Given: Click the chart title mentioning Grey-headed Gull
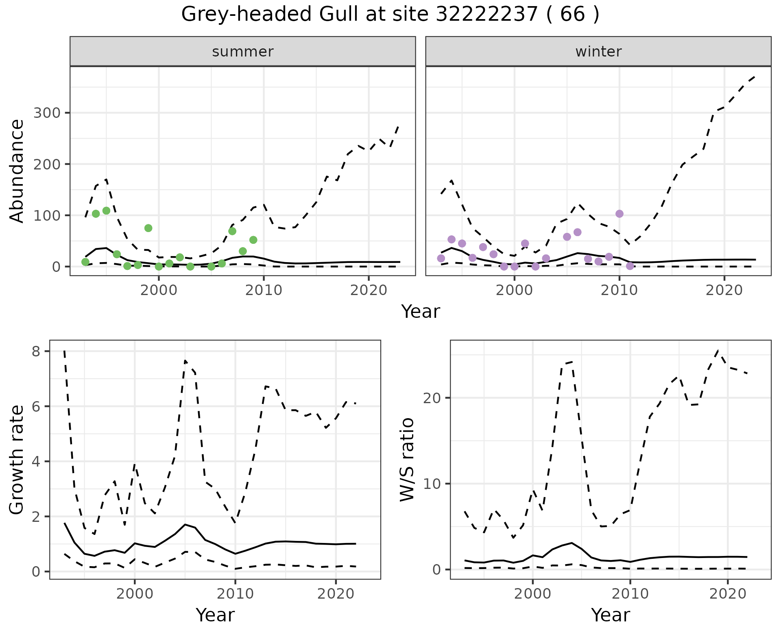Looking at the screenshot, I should click(x=390, y=15).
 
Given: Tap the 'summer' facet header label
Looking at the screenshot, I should click(x=243, y=52).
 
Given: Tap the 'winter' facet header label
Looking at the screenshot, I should click(x=598, y=52).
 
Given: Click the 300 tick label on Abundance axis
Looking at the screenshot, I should click(x=46, y=113).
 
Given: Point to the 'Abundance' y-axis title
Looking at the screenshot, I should click(x=17, y=171).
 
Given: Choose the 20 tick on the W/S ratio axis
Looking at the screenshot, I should click(x=433, y=398).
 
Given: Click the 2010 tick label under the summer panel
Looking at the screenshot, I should click(x=264, y=291).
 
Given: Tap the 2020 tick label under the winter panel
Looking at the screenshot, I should click(x=724, y=291).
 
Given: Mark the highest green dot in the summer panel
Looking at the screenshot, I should click(x=106, y=211).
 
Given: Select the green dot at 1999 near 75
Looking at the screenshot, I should click(x=148, y=228).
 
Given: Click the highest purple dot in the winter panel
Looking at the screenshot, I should click(x=620, y=214).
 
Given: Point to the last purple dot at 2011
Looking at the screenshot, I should click(x=630, y=266).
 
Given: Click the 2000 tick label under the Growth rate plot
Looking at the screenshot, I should click(x=135, y=594).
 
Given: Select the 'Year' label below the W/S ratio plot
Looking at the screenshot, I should click(x=610, y=615).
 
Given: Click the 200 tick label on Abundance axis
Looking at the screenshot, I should click(x=46, y=164).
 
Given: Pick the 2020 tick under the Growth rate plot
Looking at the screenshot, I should click(x=336, y=594).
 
